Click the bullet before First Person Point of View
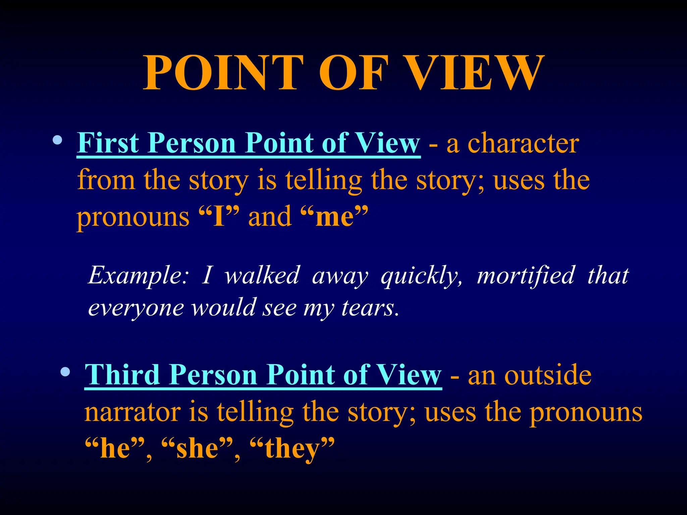[x=57, y=140]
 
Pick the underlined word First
[x=108, y=143]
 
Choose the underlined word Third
[x=122, y=375]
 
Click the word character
[x=523, y=143]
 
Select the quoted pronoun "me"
[x=334, y=217]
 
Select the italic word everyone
[x=136, y=308]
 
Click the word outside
[x=548, y=375]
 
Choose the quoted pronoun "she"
[x=197, y=448]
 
